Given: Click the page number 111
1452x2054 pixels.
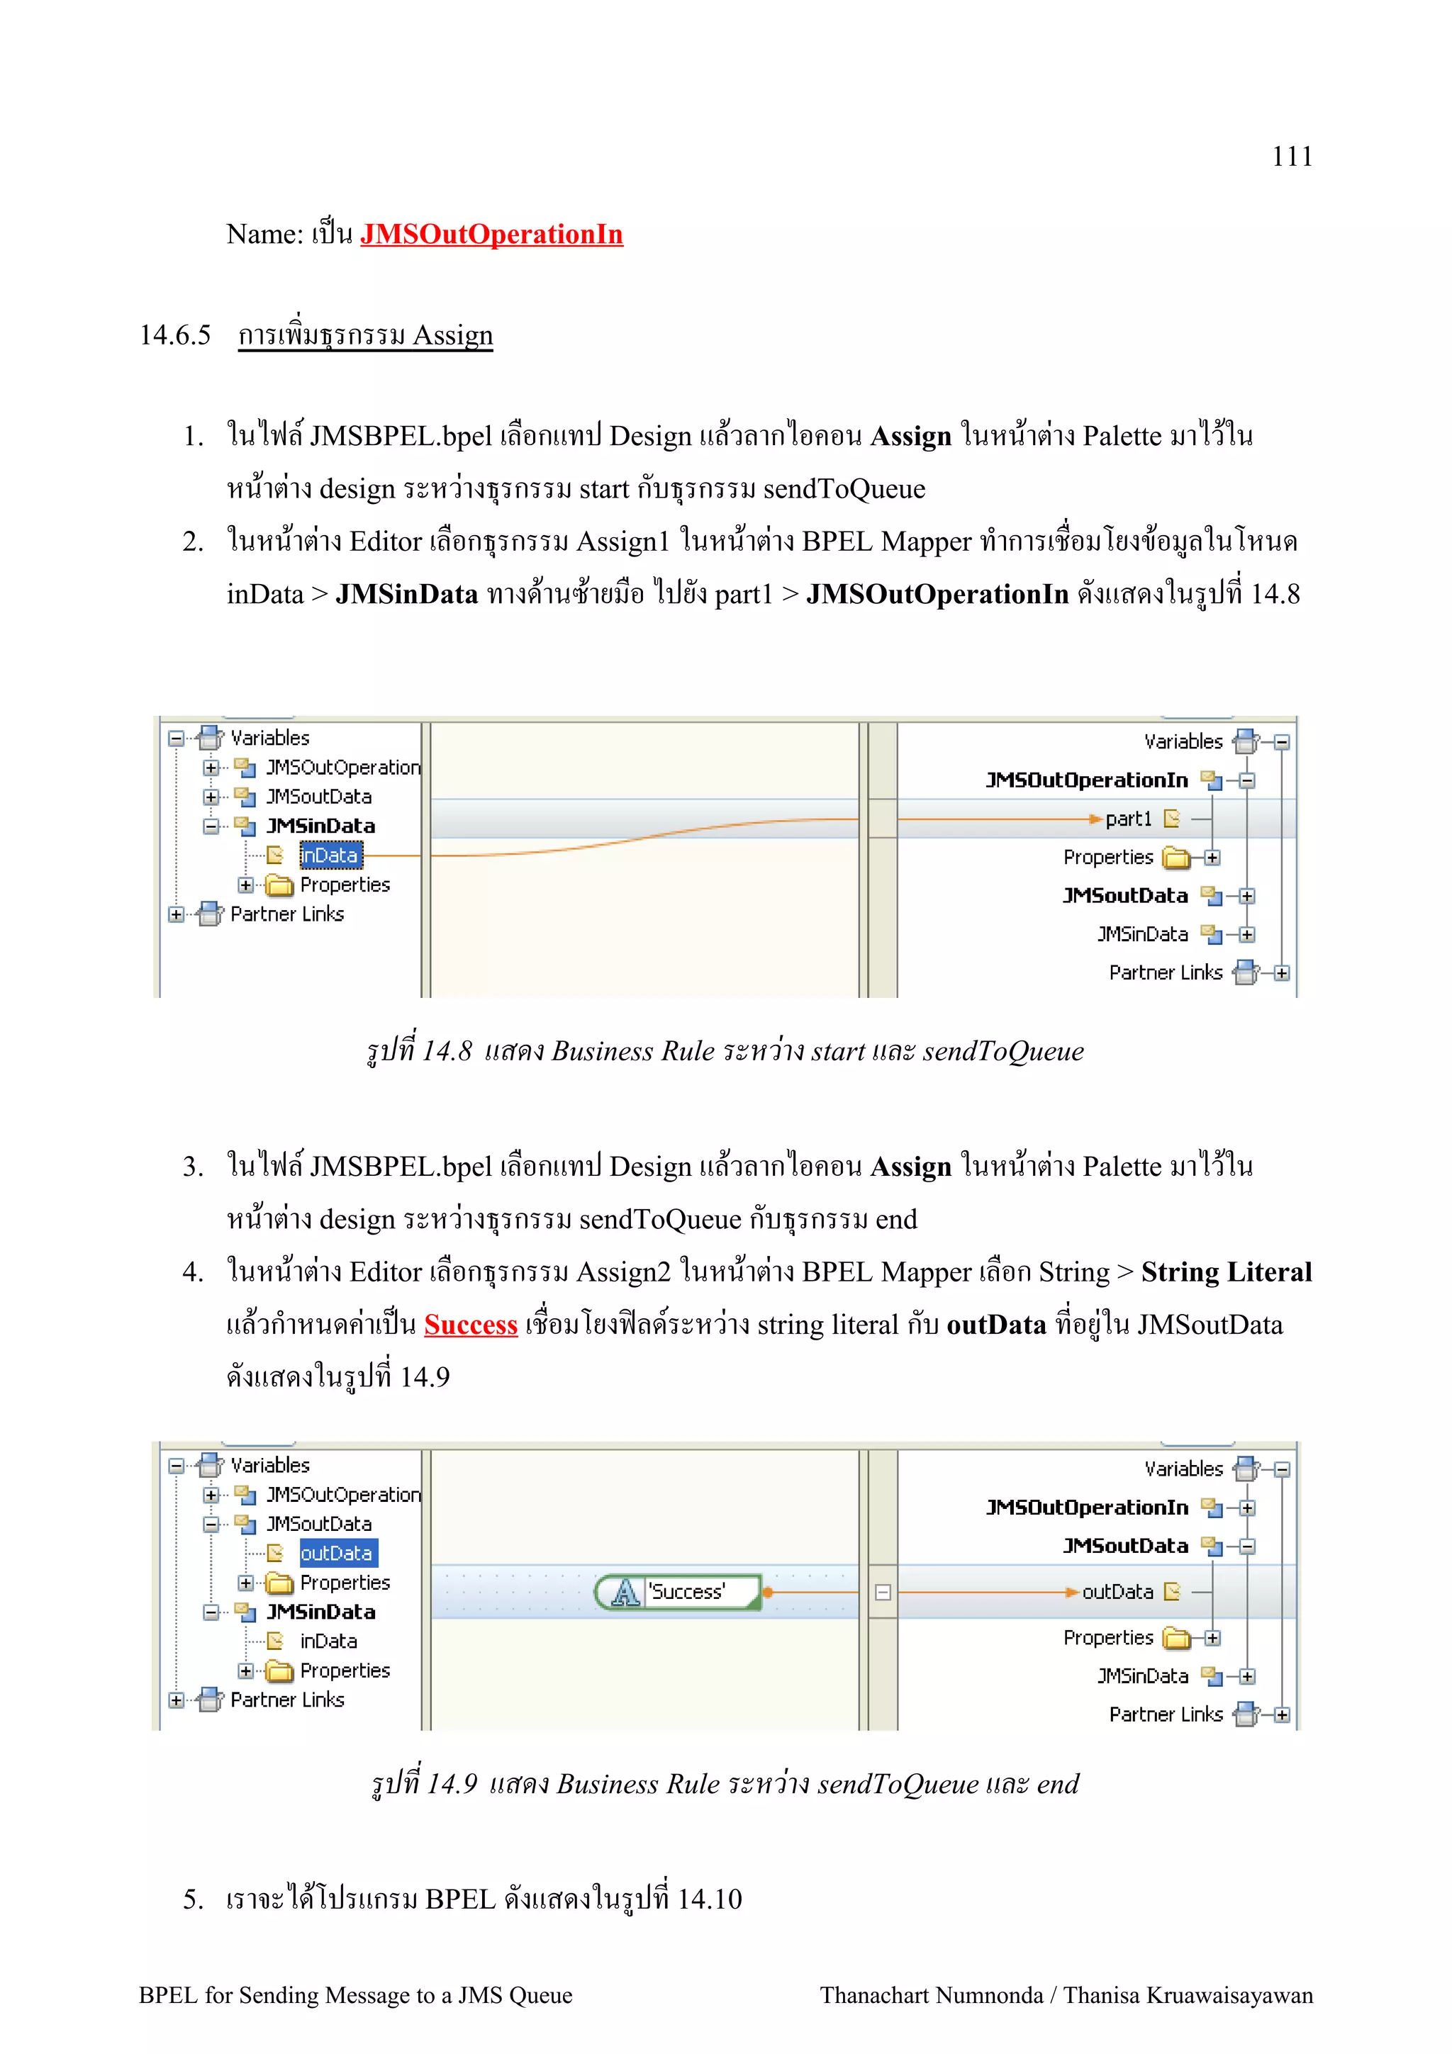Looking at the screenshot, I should tap(1292, 157).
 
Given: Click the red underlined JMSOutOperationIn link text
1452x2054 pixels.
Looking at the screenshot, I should tap(491, 235).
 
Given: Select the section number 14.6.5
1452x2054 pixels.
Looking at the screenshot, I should tap(175, 335).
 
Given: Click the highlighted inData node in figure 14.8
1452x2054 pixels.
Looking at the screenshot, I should tap(329, 855).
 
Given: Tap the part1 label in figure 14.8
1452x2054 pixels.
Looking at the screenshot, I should tap(1128, 819).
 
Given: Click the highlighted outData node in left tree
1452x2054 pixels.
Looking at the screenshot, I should tap(337, 1553).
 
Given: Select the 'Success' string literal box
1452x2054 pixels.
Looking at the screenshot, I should tap(686, 1591).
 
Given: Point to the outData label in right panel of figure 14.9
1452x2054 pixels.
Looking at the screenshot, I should tap(1117, 1591).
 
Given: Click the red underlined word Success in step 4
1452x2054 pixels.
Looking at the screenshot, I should tap(471, 1325).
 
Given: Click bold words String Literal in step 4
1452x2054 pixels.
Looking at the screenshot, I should tap(1226, 1272).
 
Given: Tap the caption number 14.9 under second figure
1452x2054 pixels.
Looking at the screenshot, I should tap(451, 1784).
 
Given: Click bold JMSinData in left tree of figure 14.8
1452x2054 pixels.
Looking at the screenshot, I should tap(320, 826).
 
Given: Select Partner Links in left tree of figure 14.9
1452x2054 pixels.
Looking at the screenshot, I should tap(287, 1700).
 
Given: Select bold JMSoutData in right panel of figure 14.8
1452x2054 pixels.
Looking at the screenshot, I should tap(1124, 895).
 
